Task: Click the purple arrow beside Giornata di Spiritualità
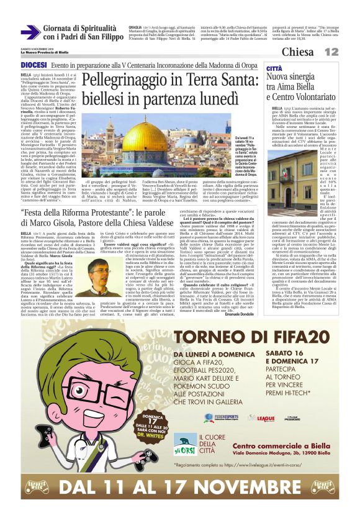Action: point(31,32)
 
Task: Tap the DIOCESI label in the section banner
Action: point(34,65)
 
